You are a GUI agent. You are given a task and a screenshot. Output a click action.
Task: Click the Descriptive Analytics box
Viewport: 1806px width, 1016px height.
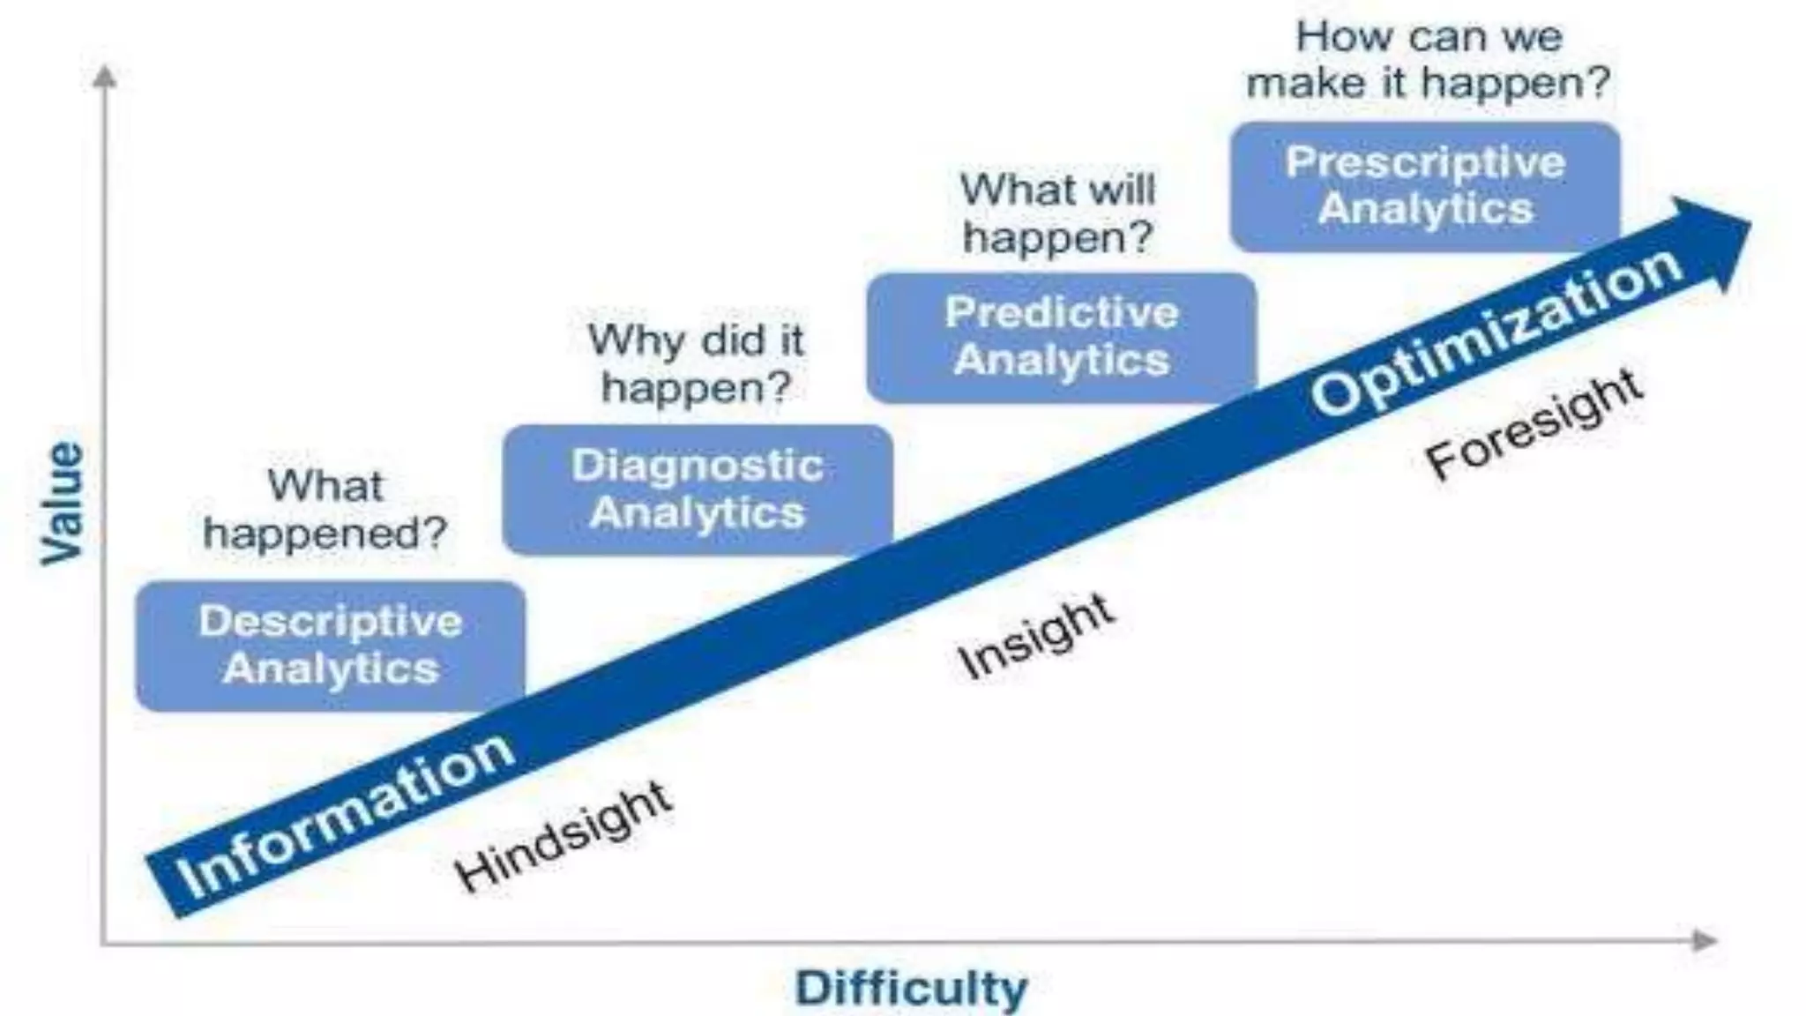[x=330, y=646]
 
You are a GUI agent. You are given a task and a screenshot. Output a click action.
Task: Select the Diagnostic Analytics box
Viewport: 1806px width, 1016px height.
[x=697, y=489]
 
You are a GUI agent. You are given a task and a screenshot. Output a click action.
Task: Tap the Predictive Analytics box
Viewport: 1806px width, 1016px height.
[x=1061, y=337]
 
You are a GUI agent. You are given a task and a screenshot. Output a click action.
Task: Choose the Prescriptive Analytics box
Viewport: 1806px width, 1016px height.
[x=1425, y=186]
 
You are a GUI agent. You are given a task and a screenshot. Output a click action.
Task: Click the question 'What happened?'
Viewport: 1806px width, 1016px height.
[x=325, y=510]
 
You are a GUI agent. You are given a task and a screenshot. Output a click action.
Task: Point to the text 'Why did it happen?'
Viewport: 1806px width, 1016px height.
[x=696, y=363]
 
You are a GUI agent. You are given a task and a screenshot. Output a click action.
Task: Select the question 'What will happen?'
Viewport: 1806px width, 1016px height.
[x=1057, y=213]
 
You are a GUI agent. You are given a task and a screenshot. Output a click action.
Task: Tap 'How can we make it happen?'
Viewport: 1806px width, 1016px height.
[x=1428, y=60]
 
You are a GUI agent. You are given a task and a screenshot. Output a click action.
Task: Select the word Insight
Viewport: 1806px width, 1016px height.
[x=1036, y=636]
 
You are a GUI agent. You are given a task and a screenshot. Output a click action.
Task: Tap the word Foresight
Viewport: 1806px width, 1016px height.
[x=1534, y=424]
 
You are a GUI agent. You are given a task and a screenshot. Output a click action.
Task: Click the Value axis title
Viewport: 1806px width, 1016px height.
[x=63, y=503]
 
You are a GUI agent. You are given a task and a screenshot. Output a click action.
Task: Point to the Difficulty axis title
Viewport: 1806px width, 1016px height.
[x=911, y=988]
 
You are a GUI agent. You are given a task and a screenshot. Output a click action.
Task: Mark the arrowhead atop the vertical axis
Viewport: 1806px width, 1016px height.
[x=105, y=78]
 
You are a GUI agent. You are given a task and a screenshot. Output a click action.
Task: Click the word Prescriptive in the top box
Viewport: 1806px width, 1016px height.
[x=1425, y=162]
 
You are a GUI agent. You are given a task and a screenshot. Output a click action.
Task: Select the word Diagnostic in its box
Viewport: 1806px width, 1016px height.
[x=697, y=466]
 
